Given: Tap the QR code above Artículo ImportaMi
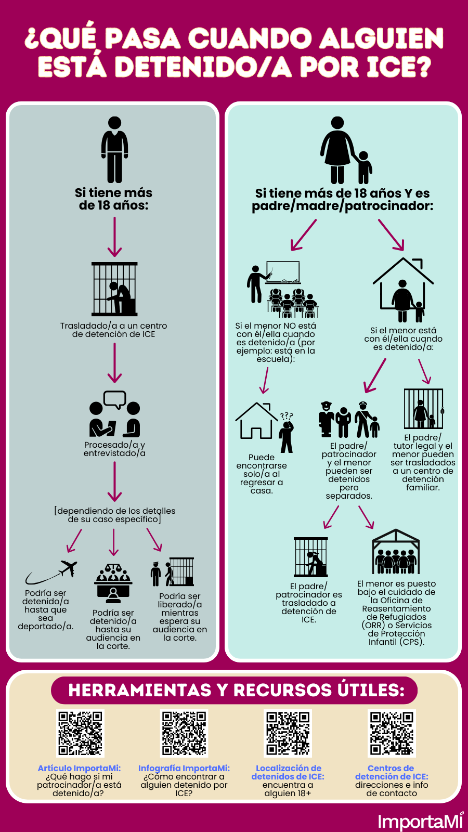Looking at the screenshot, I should pos(80,733).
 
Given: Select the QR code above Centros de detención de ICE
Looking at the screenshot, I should pos(392,733).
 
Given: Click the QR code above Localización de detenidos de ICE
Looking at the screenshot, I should pos(288,733).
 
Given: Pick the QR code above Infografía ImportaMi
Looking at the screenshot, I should pos(184,733).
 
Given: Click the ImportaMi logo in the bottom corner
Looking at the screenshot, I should pos(420,821).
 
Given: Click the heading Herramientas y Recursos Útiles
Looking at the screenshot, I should pos(236,690).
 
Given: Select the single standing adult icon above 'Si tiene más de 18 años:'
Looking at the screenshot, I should pos(114,149).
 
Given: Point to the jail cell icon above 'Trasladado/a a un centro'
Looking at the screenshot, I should pos(114,289).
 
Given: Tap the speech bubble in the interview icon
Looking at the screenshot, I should pos(115,399).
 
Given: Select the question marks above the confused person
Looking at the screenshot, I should pos(287,415).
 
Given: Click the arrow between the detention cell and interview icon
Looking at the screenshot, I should pos(114,363).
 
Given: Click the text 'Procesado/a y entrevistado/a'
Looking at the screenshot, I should pos(114,449).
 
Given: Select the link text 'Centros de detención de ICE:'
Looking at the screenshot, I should pos(391,772).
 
